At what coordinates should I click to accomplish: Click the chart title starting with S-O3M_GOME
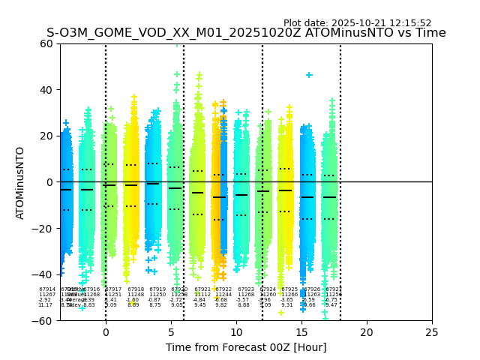(x=246, y=33)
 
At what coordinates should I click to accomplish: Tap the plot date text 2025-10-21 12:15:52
(x=357, y=23)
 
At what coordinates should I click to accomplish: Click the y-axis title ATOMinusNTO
(x=20, y=182)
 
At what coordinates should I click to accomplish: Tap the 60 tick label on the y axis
(x=46, y=43)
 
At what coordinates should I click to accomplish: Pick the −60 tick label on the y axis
(x=43, y=320)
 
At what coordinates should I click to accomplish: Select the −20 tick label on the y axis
(x=43, y=228)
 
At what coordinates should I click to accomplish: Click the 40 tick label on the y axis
(x=46, y=89)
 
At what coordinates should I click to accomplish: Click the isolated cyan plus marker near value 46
(x=309, y=75)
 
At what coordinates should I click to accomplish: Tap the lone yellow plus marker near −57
(x=281, y=313)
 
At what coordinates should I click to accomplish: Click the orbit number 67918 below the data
(x=136, y=289)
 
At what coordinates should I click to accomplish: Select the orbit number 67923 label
(x=246, y=289)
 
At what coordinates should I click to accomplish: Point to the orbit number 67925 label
(x=289, y=289)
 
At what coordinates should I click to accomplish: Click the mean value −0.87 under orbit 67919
(x=155, y=300)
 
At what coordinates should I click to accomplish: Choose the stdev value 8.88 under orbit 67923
(x=244, y=305)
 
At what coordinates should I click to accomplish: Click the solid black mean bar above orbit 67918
(x=131, y=184)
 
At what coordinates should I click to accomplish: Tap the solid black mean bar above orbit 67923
(x=241, y=195)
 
